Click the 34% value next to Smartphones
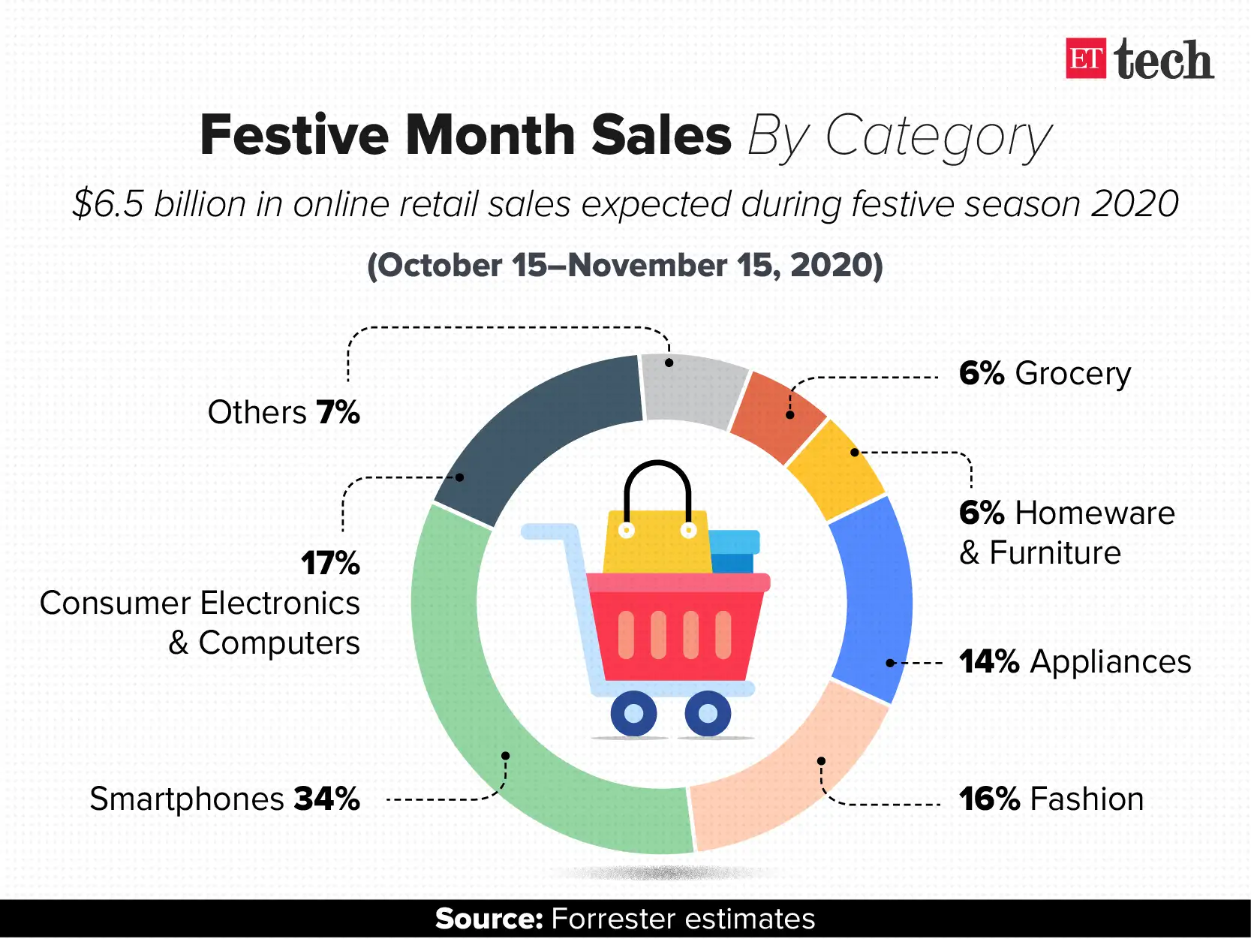pos(326,799)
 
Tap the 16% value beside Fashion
pos(989,799)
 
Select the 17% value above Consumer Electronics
pos(330,563)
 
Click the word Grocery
pos(1072,373)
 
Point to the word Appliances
pos(1110,662)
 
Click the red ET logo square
pos(1085,59)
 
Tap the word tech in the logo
pos(1163,60)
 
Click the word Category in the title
pos(938,137)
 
